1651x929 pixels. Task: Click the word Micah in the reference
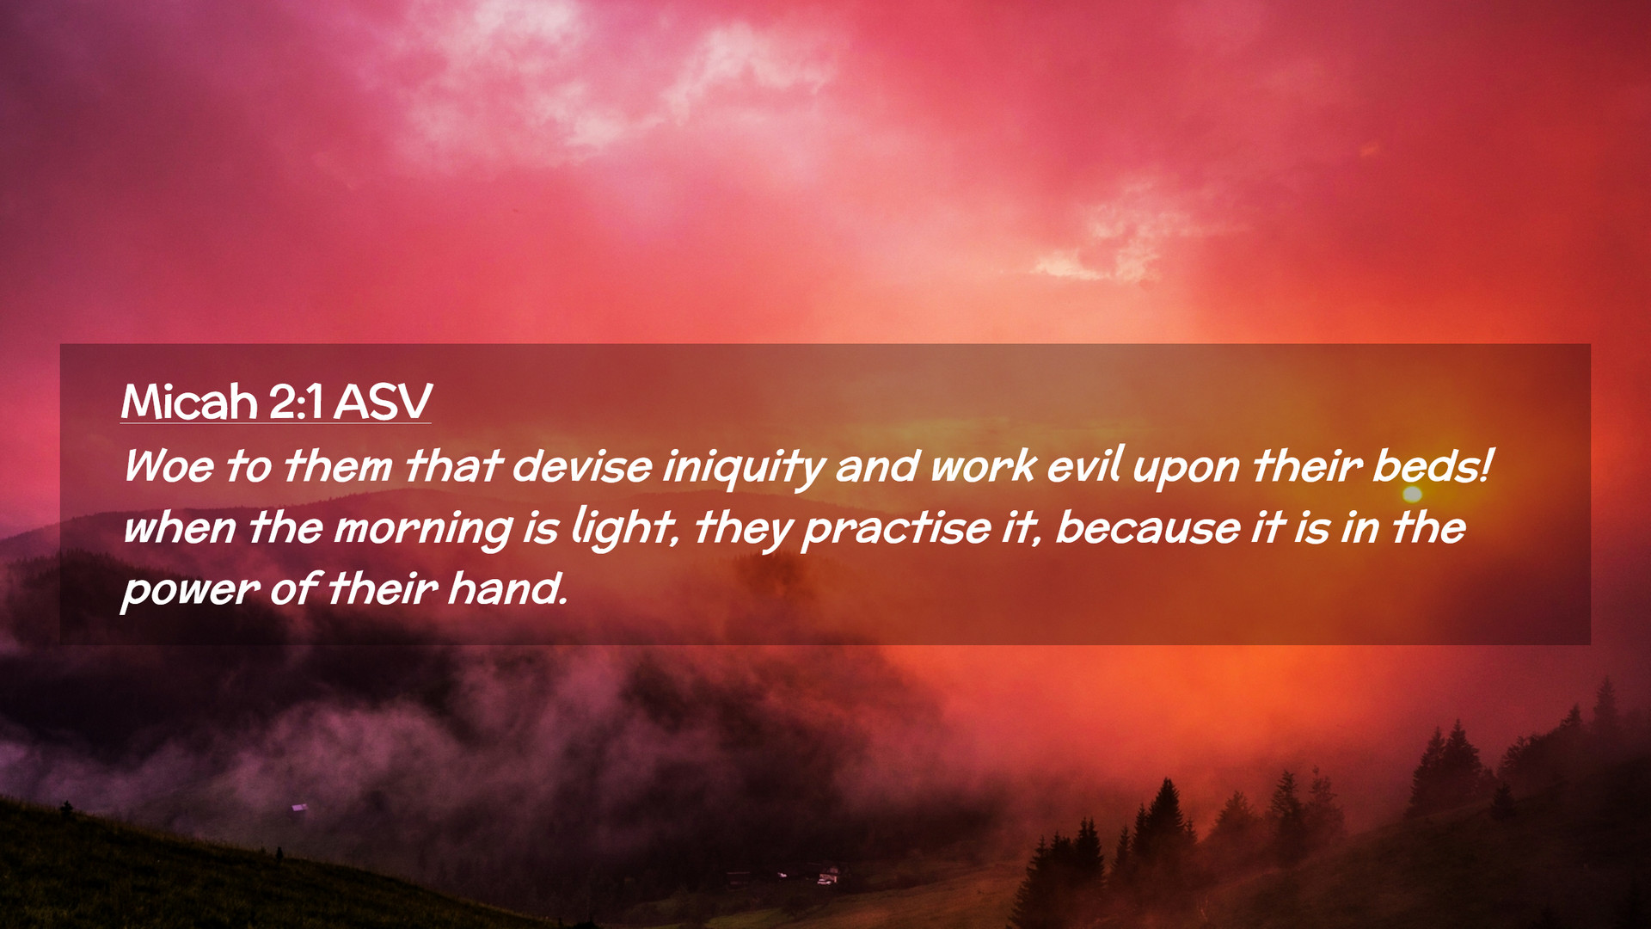click(x=189, y=401)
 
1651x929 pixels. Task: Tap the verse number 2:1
click(x=296, y=402)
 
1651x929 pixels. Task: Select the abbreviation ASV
click(x=383, y=402)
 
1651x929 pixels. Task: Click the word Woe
click(x=169, y=466)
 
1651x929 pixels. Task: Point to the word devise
click(x=582, y=466)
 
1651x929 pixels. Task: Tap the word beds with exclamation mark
click(x=1432, y=465)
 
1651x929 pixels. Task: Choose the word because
click(x=1148, y=528)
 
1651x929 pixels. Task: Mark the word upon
click(x=1186, y=470)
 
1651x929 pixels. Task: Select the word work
click(x=983, y=465)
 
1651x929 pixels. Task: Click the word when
click(x=180, y=528)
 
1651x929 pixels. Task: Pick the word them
click(x=338, y=466)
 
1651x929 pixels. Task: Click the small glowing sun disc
click(x=1412, y=494)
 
